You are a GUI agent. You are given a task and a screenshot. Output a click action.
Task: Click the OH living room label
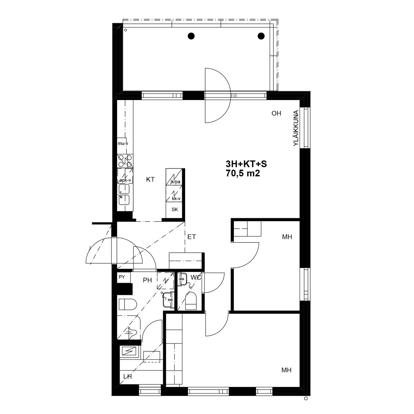(276, 113)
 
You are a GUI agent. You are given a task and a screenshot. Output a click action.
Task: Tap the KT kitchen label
(150, 180)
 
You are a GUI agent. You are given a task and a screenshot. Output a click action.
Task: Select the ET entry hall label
(191, 237)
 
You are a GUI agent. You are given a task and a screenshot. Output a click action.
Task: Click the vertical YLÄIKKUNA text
(296, 128)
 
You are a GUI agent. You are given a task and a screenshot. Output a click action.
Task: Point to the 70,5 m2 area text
(243, 173)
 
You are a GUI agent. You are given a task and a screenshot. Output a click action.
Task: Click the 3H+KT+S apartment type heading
(246, 164)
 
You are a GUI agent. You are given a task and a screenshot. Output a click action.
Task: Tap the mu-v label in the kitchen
(123, 143)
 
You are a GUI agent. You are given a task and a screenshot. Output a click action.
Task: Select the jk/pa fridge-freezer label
(175, 182)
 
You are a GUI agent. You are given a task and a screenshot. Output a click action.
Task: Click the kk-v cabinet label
(176, 199)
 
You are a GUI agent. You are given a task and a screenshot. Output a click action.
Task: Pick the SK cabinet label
(175, 210)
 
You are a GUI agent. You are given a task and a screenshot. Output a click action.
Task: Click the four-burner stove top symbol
(125, 161)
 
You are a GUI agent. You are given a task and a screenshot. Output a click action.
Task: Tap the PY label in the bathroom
(122, 277)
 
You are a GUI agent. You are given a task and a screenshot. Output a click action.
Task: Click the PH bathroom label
(147, 280)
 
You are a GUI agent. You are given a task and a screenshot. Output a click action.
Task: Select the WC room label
(196, 277)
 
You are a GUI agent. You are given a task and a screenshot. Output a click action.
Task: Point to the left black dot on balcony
(191, 36)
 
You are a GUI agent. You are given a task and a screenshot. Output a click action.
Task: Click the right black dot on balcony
(261, 36)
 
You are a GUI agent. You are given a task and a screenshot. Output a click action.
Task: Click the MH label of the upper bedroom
(287, 237)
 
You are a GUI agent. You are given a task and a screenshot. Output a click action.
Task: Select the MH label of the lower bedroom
(286, 370)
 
